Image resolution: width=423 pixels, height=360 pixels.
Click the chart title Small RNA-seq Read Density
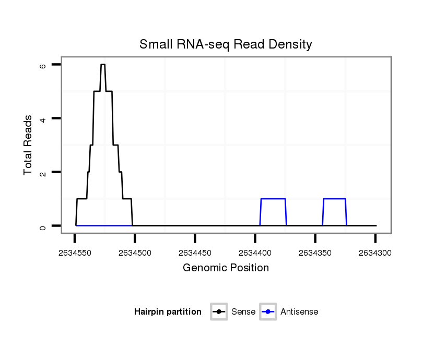(226, 44)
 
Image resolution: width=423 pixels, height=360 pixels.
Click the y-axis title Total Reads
(29, 145)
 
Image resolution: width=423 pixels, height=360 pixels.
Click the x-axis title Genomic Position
(226, 268)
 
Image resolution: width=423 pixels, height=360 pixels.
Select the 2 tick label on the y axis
(43, 173)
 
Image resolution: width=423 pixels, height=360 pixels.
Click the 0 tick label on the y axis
(43, 226)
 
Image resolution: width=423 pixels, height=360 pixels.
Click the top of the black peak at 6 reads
(103, 64)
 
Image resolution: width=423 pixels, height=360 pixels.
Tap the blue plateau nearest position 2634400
(273, 199)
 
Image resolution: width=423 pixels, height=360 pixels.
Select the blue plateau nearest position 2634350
(334, 199)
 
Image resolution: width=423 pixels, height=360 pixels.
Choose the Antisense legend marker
(267, 312)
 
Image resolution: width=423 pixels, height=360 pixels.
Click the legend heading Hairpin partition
(168, 312)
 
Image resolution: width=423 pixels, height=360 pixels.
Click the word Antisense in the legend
(299, 312)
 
